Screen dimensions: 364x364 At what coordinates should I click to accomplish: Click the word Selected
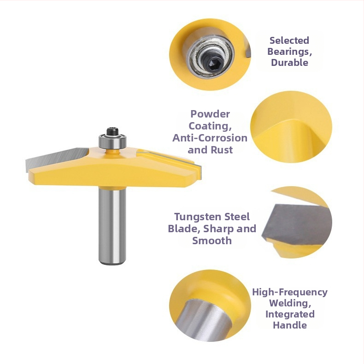tap(289, 41)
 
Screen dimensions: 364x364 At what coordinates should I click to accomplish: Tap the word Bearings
tap(288, 52)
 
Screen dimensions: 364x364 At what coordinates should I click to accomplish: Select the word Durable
tap(289, 63)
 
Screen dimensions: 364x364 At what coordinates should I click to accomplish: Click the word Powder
tap(210, 114)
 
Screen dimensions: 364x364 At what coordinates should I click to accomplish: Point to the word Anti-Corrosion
tap(210, 138)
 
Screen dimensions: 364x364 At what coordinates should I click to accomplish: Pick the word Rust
tap(222, 150)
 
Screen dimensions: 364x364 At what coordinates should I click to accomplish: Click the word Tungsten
tap(195, 217)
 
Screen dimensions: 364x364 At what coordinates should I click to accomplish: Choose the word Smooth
tap(212, 241)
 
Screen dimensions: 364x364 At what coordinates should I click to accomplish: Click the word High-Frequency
tap(290, 292)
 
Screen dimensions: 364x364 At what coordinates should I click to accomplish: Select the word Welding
tap(290, 303)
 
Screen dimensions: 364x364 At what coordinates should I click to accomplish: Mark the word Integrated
tap(290, 314)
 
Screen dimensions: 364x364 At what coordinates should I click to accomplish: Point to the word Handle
tap(290, 325)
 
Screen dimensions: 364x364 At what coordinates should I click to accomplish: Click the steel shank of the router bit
tap(112, 225)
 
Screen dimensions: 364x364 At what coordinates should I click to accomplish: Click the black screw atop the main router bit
tap(112, 131)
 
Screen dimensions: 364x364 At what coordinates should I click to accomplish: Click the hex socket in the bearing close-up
tap(212, 63)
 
